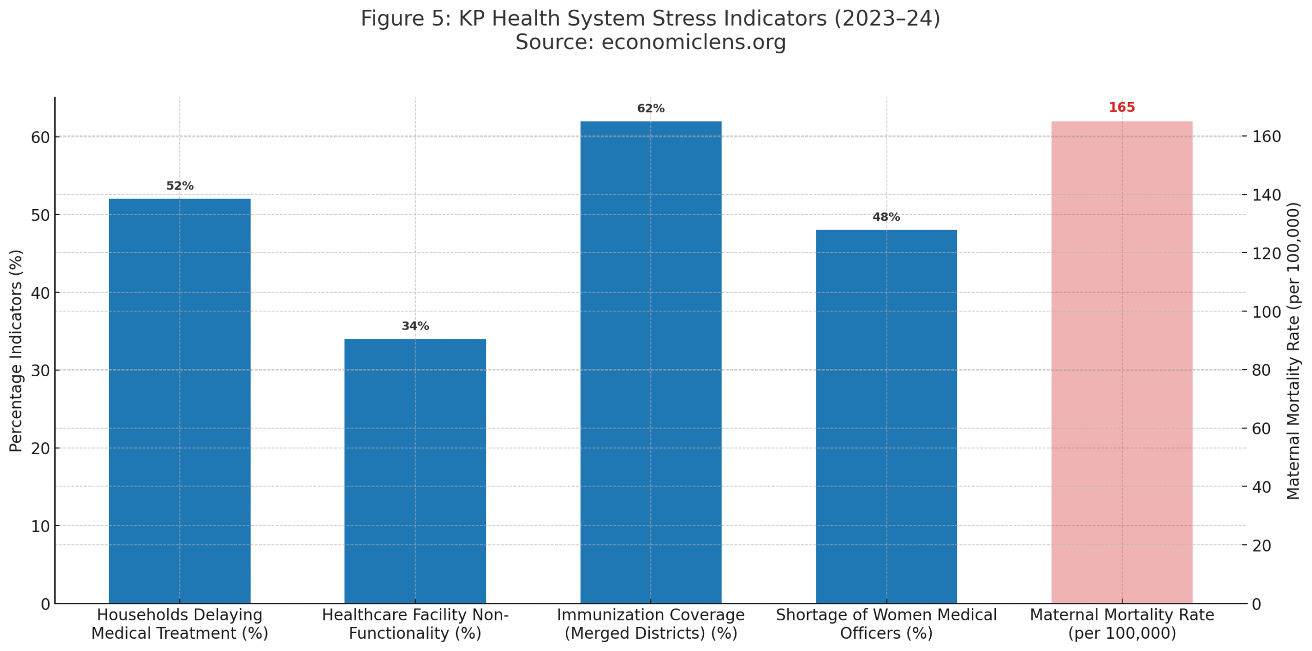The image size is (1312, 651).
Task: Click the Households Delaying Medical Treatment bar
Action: point(179,400)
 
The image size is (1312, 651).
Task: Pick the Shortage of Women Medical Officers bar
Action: point(886,416)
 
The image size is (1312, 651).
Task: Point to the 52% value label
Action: point(179,186)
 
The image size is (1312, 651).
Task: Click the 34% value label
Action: point(415,326)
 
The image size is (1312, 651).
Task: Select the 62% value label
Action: point(650,109)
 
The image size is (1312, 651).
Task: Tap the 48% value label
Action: point(886,217)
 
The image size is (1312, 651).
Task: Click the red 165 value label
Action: point(1121,108)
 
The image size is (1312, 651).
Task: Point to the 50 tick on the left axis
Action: point(40,215)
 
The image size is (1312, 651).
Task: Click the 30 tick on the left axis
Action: point(40,371)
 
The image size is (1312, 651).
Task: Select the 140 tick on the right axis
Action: point(1266,195)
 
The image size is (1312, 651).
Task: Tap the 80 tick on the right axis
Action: point(1261,370)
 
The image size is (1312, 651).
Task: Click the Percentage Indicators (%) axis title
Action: point(16,351)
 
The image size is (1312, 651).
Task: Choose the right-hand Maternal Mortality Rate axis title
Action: point(1293,351)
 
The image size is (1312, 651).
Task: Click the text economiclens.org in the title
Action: point(693,42)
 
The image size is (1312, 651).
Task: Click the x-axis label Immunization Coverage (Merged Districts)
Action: point(650,624)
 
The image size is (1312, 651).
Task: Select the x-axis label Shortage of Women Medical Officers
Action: point(886,624)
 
